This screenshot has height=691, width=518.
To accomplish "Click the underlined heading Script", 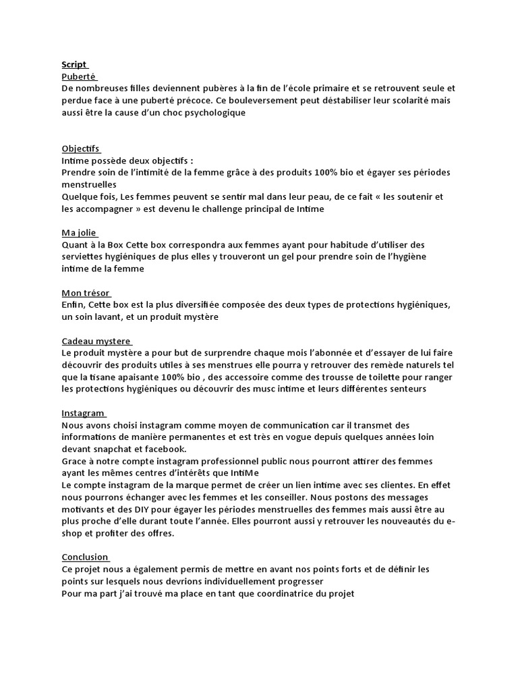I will (x=74, y=64).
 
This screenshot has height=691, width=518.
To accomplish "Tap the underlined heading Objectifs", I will (x=80, y=148).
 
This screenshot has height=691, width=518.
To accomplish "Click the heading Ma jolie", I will (x=79, y=233).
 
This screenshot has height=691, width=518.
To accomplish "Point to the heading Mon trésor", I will (x=85, y=294).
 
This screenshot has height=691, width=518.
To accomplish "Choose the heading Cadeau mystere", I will (x=96, y=341).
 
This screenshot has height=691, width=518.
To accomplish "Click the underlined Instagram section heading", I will (x=83, y=413).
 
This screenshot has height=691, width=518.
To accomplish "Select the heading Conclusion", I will (x=85, y=557).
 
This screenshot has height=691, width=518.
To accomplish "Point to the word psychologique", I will (x=212, y=113).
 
